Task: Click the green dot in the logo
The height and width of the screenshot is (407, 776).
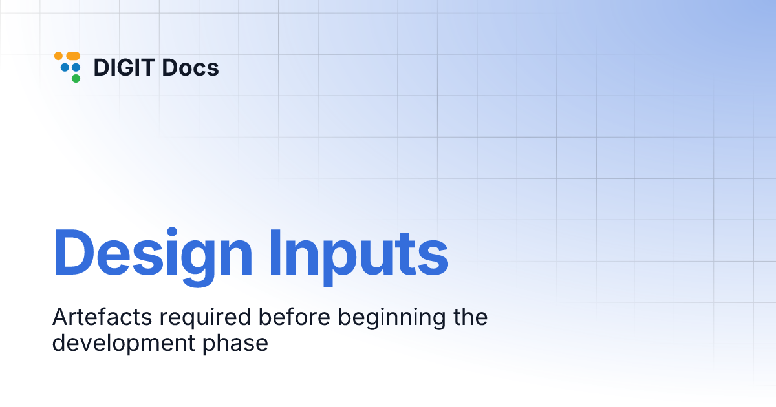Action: (x=76, y=78)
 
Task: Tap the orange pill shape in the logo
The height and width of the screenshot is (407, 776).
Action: (x=72, y=56)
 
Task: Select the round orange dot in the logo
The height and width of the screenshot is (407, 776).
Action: (x=58, y=56)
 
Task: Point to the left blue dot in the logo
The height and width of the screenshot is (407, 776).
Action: (x=65, y=67)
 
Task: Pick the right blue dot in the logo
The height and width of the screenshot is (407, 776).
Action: (x=76, y=67)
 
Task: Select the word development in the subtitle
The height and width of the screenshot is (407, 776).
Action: (x=122, y=343)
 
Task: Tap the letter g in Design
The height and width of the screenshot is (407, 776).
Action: (x=195, y=259)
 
